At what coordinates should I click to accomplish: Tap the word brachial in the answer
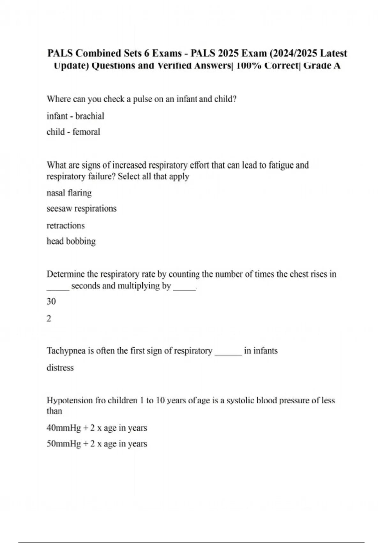tap(90, 116)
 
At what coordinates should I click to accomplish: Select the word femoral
tap(86, 132)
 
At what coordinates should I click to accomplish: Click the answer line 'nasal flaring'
tap(69, 193)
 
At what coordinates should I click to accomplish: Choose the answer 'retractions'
tap(66, 226)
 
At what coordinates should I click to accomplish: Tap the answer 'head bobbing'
tap(71, 241)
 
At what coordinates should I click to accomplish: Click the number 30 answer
tap(51, 302)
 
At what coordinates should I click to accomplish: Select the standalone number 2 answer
tap(49, 318)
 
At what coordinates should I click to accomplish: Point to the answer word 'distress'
tap(60, 368)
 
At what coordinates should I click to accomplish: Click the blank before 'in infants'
tap(228, 353)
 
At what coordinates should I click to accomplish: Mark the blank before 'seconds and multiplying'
tap(58, 287)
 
